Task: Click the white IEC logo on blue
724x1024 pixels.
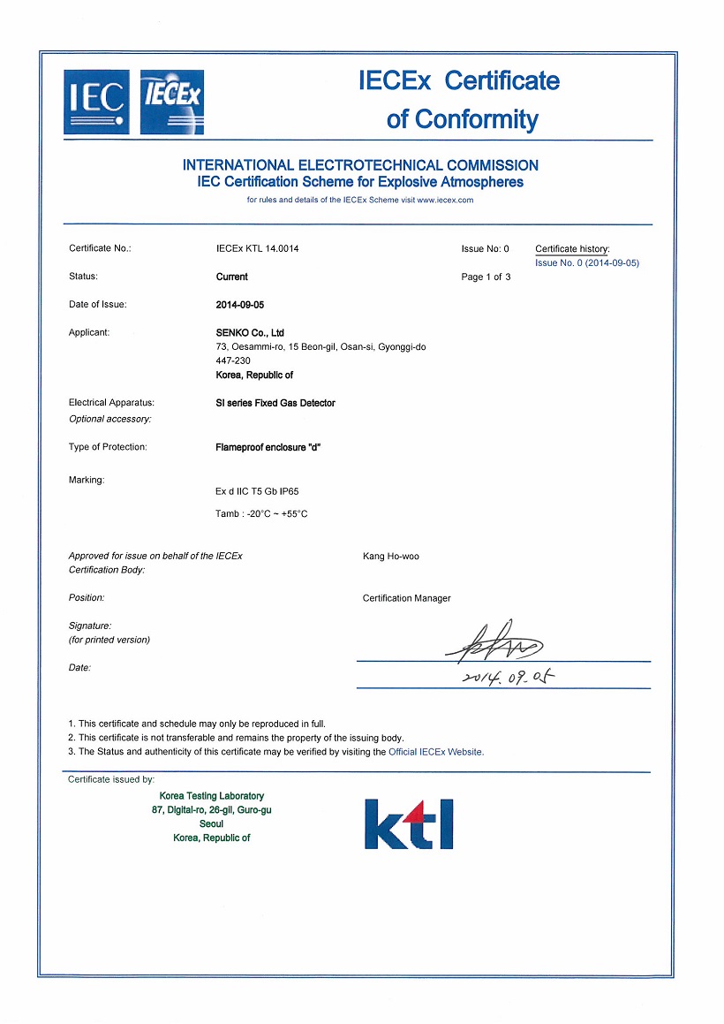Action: tap(96, 102)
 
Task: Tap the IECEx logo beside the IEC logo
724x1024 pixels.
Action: tap(171, 102)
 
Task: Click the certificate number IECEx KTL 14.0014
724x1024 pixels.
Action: tap(257, 249)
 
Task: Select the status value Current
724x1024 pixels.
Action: tap(231, 277)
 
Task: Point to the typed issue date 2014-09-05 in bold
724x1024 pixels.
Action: tap(240, 305)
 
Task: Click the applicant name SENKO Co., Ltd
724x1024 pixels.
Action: tap(249, 333)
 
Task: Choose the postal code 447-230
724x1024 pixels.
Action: tap(232, 361)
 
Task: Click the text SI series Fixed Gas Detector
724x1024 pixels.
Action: tap(275, 403)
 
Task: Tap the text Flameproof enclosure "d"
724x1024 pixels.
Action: tap(268, 447)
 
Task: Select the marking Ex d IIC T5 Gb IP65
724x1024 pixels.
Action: tap(263, 491)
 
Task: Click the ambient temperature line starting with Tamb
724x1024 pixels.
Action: tap(261, 514)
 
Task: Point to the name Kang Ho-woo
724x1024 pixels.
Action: tap(391, 557)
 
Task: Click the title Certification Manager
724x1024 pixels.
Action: tap(406, 598)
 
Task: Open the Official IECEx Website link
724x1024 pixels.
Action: tap(436, 752)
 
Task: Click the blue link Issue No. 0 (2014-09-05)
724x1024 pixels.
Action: tap(587, 263)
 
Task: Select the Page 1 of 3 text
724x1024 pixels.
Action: tap(486, 277)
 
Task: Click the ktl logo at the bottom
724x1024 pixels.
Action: tap(409, 823)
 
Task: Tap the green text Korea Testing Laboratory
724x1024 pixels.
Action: tap(212, 796)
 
